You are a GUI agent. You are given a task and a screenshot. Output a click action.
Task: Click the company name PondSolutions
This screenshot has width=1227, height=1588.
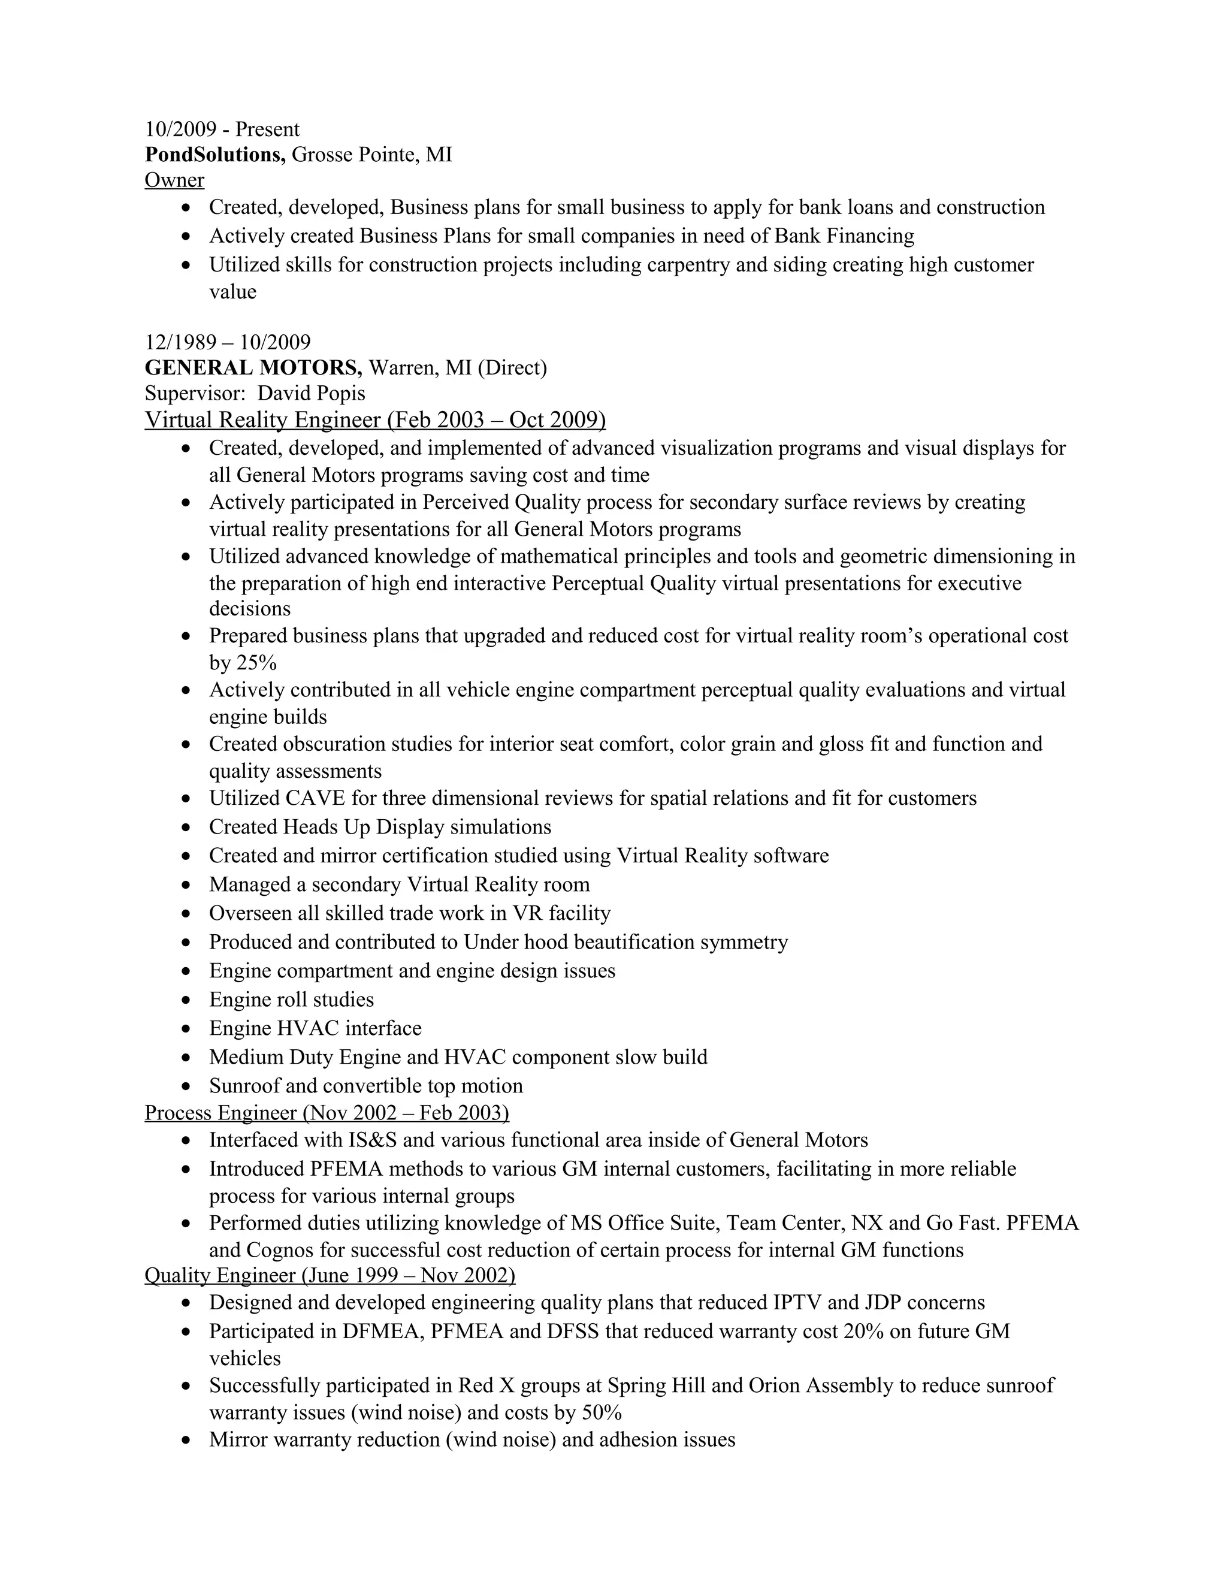215,155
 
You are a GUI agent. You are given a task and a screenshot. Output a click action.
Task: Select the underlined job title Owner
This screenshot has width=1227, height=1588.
174,180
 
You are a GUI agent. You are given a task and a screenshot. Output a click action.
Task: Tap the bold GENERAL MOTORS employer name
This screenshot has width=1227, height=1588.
253,367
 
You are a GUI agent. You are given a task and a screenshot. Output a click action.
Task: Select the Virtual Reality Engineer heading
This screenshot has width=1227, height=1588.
375,420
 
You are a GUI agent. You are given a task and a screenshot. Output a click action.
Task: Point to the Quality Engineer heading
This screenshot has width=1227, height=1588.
330,1275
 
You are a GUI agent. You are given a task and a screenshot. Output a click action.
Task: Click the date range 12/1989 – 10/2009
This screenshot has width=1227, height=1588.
228,342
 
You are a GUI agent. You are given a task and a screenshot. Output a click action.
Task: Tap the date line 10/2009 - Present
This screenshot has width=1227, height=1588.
222,129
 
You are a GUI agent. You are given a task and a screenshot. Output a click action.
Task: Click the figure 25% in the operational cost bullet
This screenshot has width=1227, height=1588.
256,663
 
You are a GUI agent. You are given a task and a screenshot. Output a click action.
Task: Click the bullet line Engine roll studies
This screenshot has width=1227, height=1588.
292,1000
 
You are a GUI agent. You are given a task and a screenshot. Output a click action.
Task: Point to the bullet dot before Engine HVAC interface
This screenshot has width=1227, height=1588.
188,1030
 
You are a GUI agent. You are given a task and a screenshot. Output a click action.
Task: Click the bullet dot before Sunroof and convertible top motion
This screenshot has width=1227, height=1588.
188,1087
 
